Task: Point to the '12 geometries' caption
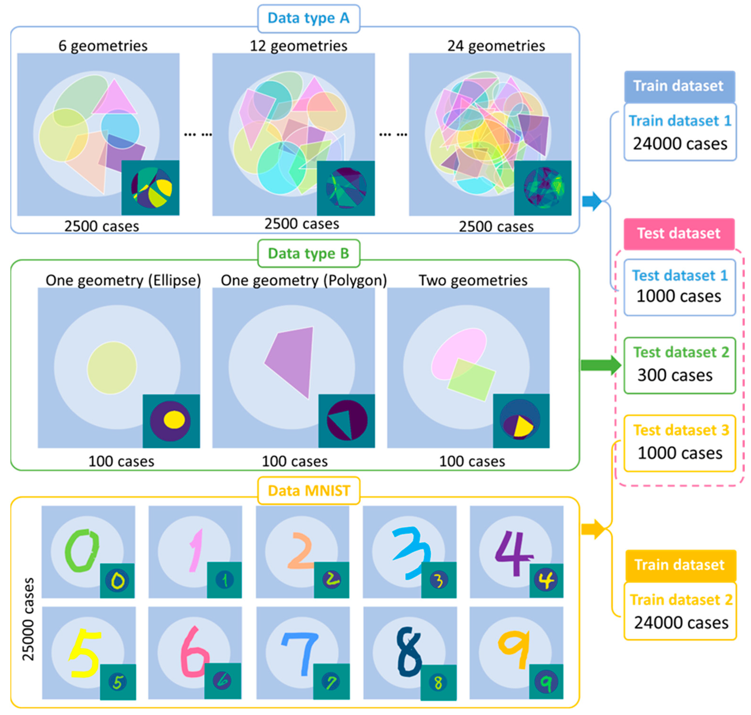coord(298,46)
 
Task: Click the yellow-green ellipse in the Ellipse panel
coord(112,367)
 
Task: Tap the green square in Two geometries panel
coord(471,380)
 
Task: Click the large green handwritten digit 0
coord(81,551)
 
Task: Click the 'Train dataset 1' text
coord(680,121)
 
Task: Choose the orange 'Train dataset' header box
coord(680,565)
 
